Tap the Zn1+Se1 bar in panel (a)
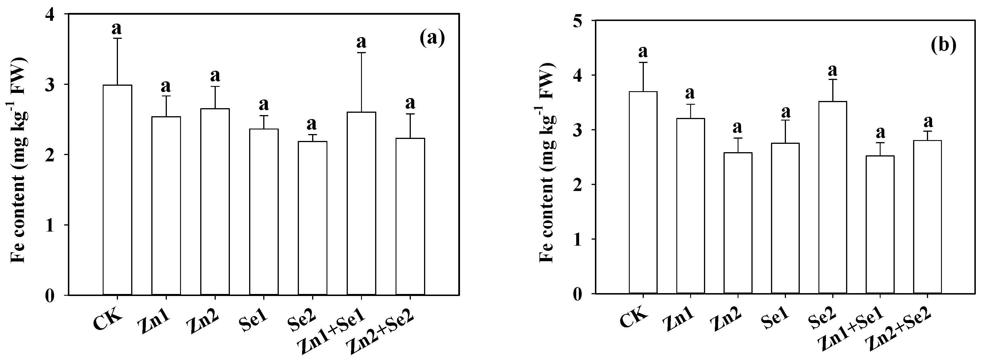(x=361, y=203)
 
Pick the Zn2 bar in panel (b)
(x=738, y=223)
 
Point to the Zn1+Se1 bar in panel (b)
(x=880, y=224)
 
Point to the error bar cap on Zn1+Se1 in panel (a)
(x=361, y=53)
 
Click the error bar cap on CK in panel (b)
(x=643, y=62)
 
